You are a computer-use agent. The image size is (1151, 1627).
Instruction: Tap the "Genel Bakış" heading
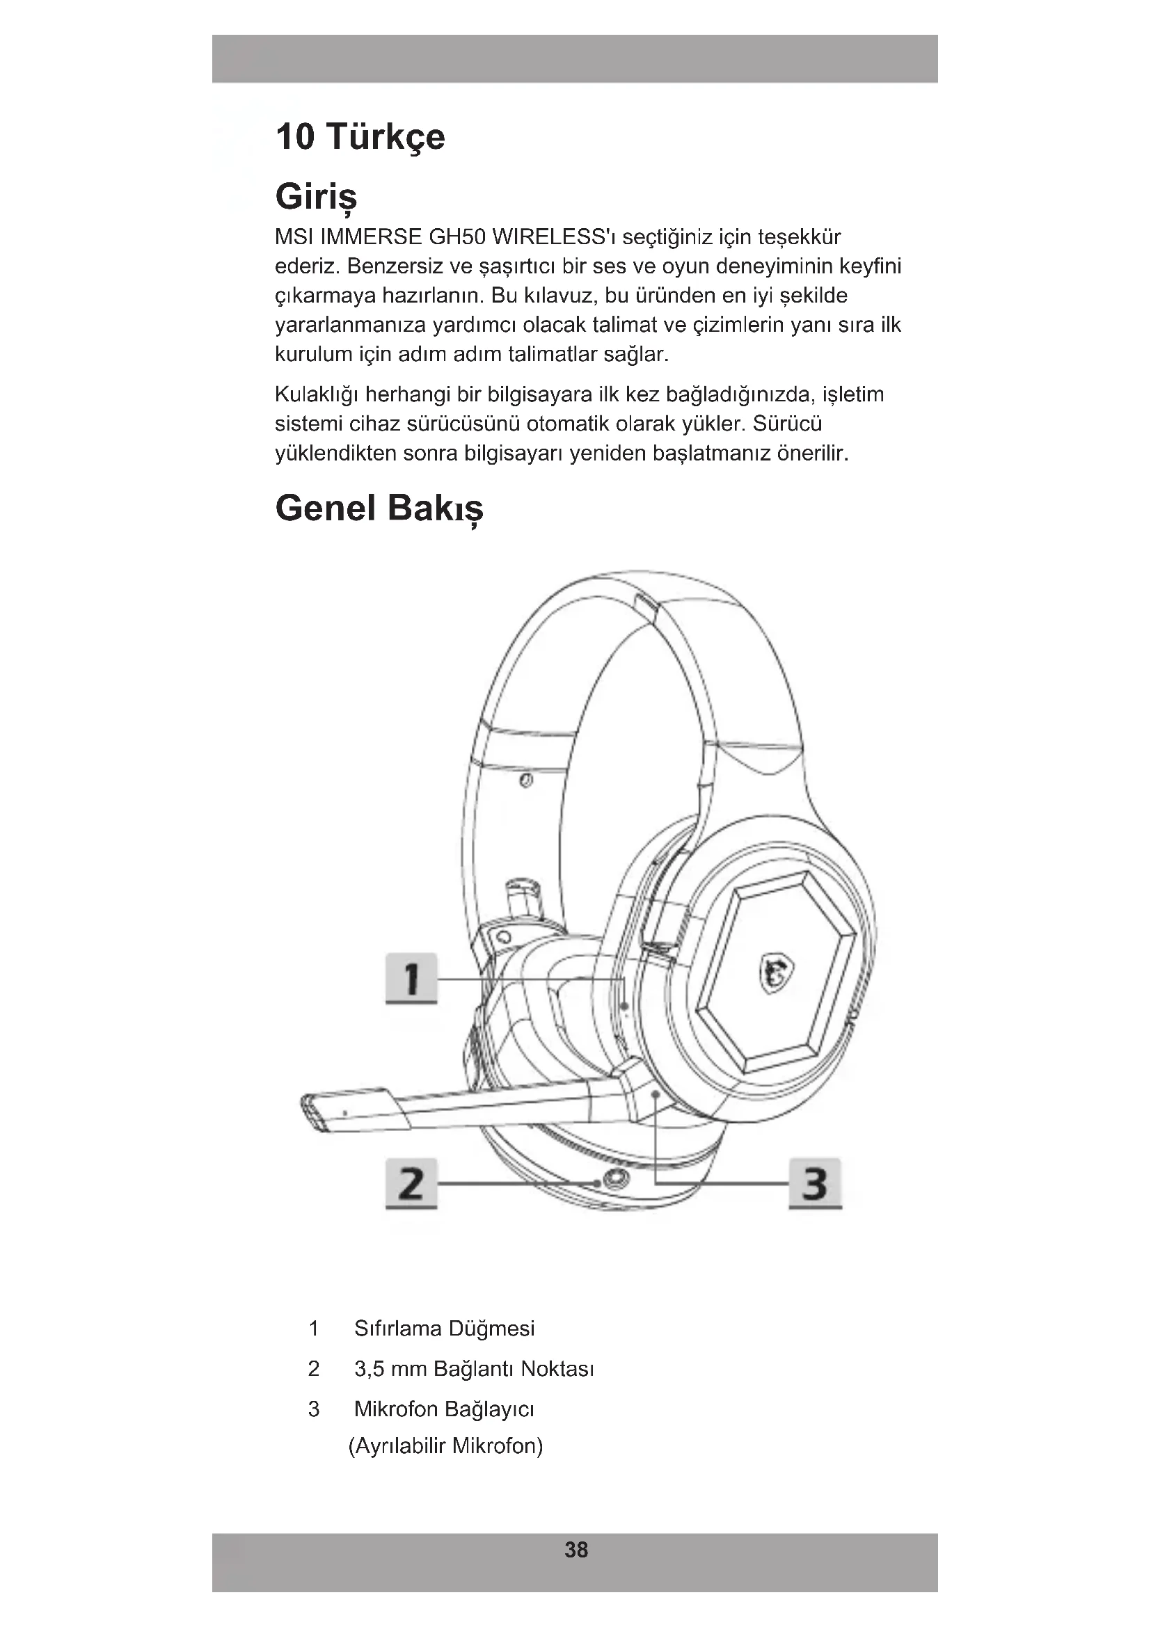379,508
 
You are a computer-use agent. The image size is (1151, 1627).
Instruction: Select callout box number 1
411,979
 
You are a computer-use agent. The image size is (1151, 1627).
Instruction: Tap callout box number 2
411,1183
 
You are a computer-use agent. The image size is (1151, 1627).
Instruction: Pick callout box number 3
815,1183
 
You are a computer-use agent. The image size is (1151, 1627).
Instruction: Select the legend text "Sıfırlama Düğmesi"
445,1329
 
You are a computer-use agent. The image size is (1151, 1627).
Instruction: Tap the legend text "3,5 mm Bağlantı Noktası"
473,1368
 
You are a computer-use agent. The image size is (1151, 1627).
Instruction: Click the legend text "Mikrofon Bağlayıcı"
445,1409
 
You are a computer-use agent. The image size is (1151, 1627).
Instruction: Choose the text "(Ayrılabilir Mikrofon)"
446,1445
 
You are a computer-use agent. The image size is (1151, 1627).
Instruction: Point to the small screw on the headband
526,781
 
